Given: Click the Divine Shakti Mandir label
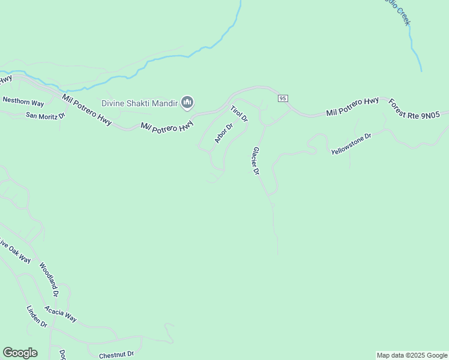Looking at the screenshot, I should (139, 103).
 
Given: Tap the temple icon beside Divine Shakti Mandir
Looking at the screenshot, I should (187, 103).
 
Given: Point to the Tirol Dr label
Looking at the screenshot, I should (239, 114).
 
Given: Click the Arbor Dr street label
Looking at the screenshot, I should (223, 134).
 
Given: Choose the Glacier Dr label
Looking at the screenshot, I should (256, 161).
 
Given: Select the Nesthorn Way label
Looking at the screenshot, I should (23, 102).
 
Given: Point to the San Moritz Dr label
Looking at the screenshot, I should (44, 114).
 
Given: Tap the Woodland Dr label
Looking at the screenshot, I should (49, 280).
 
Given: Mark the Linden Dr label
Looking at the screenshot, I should (37, 316).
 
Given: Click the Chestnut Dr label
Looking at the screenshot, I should (116, 354).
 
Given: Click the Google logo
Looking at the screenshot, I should (20, 353).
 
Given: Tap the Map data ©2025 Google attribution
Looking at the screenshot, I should (412, 355).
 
